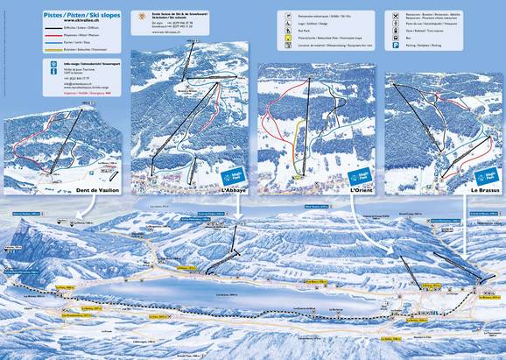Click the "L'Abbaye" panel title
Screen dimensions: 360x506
[234, 190]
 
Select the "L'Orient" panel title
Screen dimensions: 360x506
[362, 190]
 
